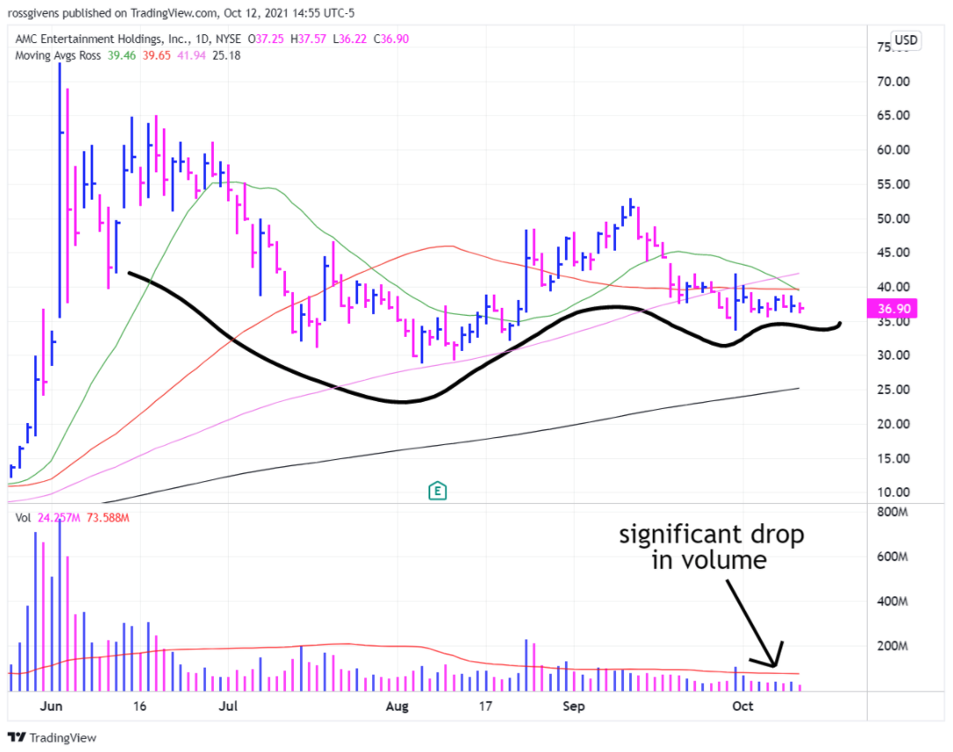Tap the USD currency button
coord(905,40)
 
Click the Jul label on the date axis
coord(229,705)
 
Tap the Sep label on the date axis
coord(574,705)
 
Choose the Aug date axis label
coord(398,705)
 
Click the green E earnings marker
coord(436,491)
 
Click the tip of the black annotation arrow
coord(776,666)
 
